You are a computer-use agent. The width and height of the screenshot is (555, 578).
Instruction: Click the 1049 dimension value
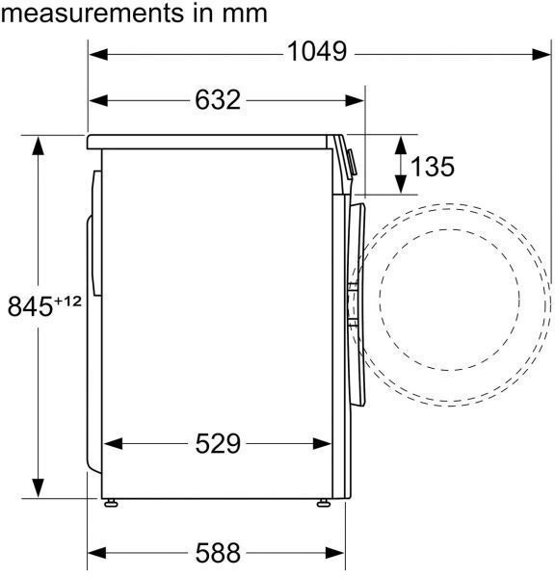pyautogui.click(x=317, y=52)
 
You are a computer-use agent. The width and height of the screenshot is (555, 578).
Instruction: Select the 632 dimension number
pyautogui.click(x=218, y=100)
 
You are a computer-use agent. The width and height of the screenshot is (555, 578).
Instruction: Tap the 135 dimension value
pyautogui.click(x=433, y=167)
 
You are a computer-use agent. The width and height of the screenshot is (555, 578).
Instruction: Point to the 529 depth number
pyautogui.click(x=218, y=443)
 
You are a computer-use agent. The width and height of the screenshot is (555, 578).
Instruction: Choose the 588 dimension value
pyautogui.click(x=218, y=553)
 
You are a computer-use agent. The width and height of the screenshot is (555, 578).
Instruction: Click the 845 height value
pyautogui.click(x=30, y=306)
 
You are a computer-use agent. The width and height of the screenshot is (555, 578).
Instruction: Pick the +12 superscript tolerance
pyautogui.click(x=67, y=302)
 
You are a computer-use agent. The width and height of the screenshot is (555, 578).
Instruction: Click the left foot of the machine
pyautogui.click(x=111, y=503)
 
